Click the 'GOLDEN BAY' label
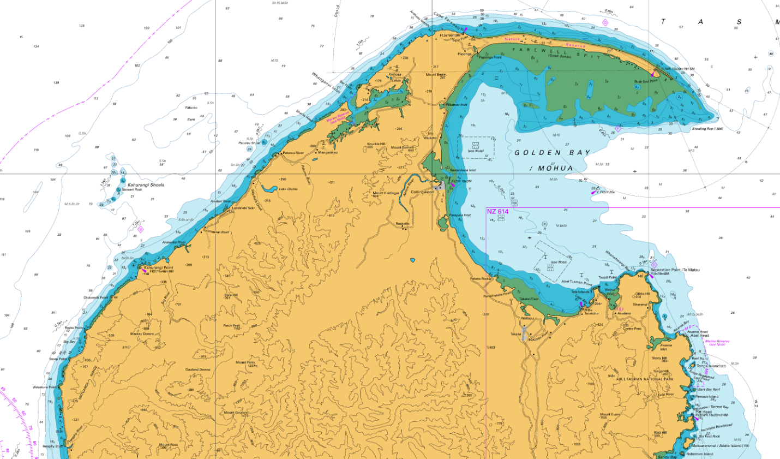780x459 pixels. (x=552, y=153)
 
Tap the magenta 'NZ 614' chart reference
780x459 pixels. (x=497, y=212)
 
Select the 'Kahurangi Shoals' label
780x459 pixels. (x=146, y=185)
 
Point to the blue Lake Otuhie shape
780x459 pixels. (x=268, y=189)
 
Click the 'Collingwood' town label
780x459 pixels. (x=422, y=192)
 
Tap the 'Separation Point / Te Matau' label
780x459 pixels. (x=675, y=270)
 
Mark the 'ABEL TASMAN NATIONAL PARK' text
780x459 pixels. (x=645, y=379)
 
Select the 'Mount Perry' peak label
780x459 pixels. (x=245, y=362)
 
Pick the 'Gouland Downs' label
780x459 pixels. (x=197, y=369)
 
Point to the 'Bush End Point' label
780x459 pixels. (x=645, y=81)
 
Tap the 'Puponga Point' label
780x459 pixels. (x=490, y=57)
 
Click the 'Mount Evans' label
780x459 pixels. (x=609, y=415)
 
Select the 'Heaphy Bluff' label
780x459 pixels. (x=53, y=446)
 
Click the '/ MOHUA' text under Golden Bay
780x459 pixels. (x=551, y=168)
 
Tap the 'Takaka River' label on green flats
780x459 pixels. (x=529, y=299)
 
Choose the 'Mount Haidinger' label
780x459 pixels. (x=386, y=193)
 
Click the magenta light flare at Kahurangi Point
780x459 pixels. (x=143, y=270)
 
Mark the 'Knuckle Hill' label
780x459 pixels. (x=376, y=144)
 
